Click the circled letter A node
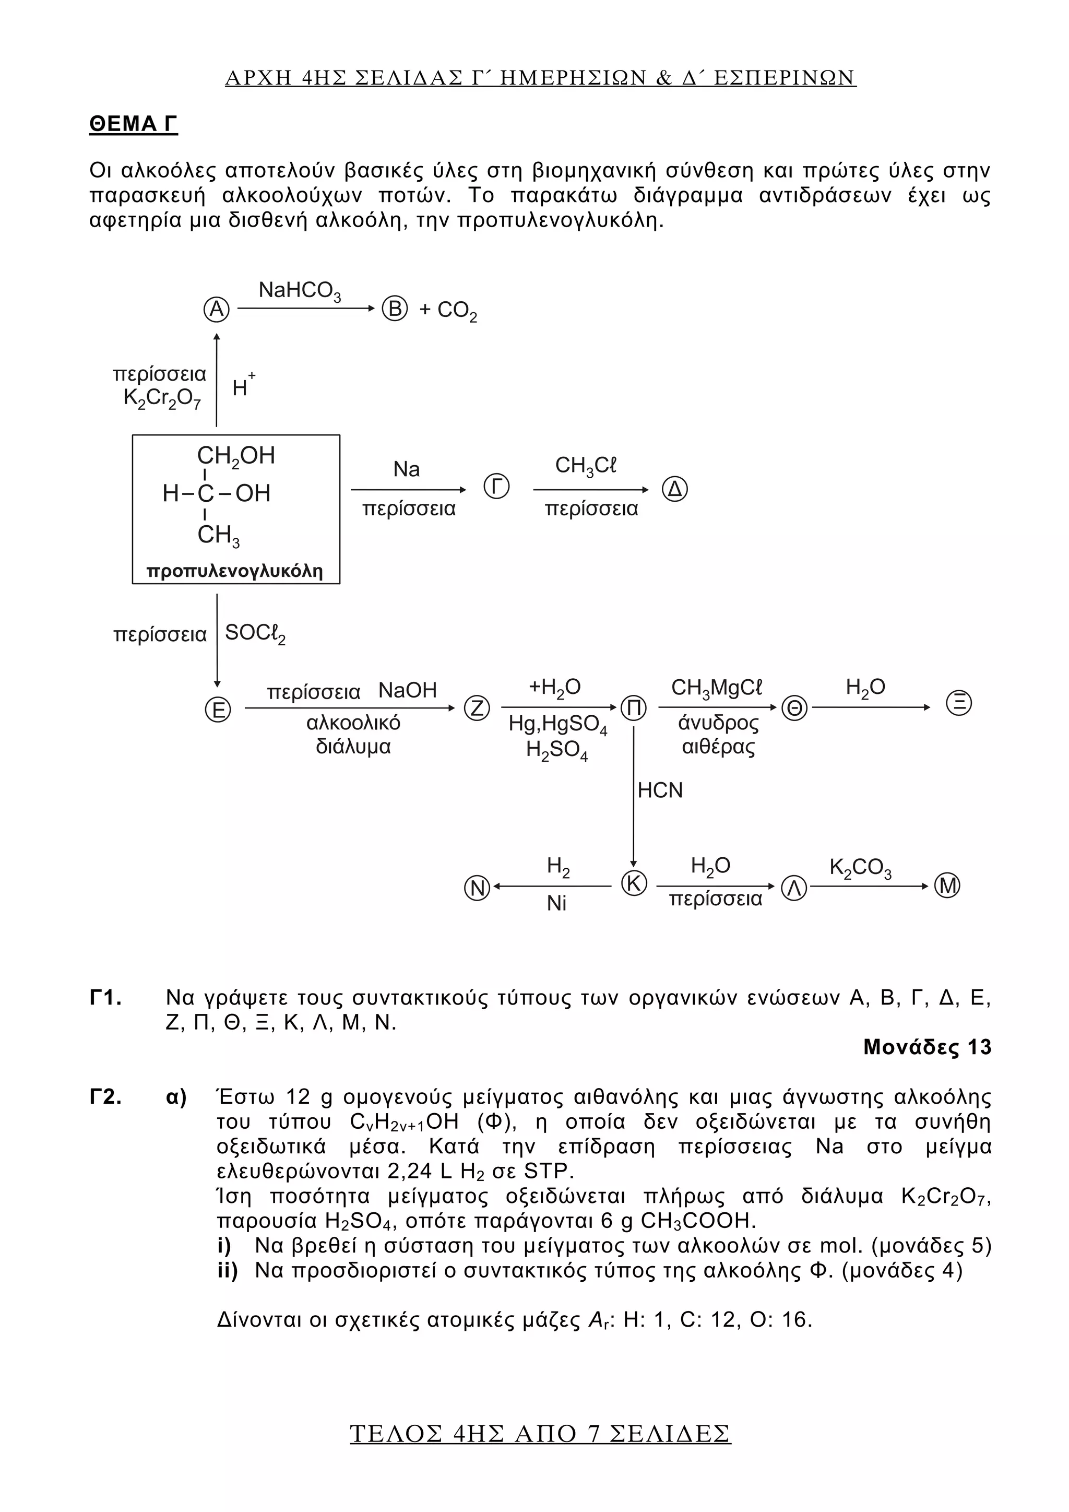tap(217, 309)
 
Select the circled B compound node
tap(395, 309)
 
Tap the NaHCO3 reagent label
tap(300, 291)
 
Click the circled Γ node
tap(496, 487)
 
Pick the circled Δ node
tap(675, 489)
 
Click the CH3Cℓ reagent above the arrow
tap(586, 466)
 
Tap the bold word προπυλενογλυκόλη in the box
tap(235, 570)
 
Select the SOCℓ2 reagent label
tap(255, 633)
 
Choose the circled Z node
tap(477, 708)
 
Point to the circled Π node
tap(633, 708)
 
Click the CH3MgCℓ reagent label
tap(716, 688)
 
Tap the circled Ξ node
tap(958, 703)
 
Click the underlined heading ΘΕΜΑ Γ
tap(134, 124)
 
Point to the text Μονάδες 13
tap(927, 1047)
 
